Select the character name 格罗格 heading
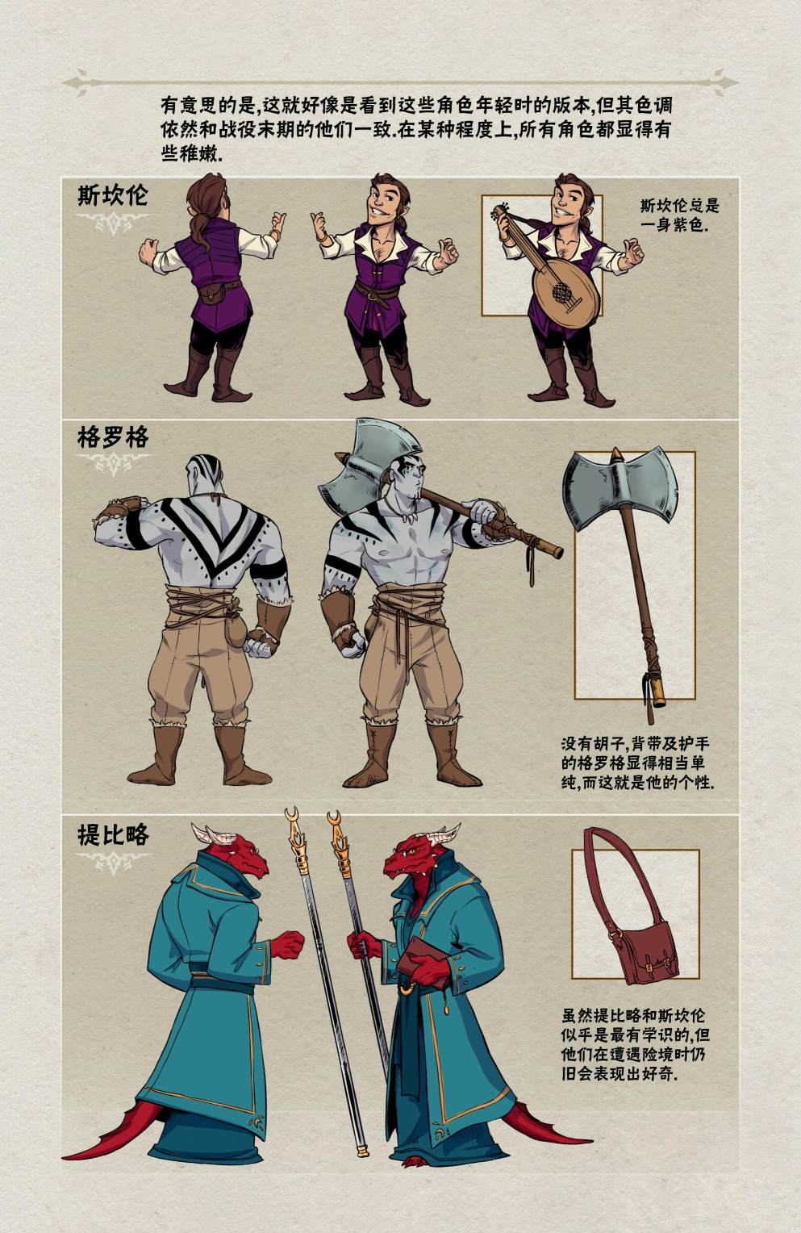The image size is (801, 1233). [113, 438]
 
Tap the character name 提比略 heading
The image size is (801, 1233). [113, 834]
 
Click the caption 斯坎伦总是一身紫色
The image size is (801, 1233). [681, 215]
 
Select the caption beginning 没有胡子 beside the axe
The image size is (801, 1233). [637, 763]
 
